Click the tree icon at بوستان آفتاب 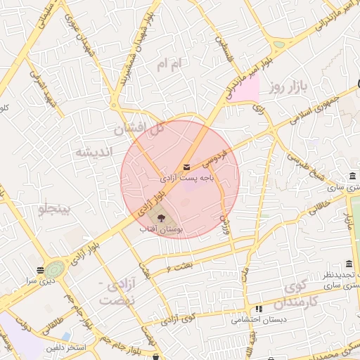click(160, 217)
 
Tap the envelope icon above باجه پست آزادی click(186, 167)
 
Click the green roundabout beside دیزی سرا click(55, 269)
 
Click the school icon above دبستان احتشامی click(259, 309)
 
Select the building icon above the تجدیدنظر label click(349, 264)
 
